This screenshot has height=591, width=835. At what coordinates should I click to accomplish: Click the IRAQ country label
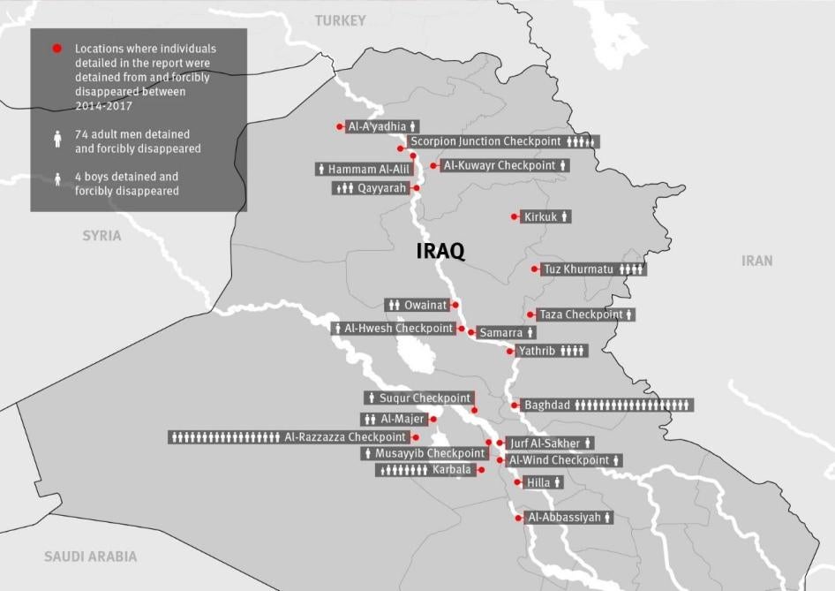440,251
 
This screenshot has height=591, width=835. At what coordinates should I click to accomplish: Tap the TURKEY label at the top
340,20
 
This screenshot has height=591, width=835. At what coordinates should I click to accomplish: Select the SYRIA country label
102,236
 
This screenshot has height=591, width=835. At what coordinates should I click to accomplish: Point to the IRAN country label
756,261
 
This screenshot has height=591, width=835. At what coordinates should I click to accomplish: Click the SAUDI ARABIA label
91,557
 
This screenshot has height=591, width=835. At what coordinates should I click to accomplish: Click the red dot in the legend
57,49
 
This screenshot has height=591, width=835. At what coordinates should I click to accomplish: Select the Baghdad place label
547,405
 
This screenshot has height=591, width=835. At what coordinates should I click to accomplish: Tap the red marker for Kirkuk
515,216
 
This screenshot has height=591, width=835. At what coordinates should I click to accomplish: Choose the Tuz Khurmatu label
580,269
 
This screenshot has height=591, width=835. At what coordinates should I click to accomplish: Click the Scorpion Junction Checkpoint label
485,141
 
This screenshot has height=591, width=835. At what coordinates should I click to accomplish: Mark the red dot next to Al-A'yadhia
341,126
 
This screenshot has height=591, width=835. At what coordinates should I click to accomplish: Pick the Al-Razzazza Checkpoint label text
345,437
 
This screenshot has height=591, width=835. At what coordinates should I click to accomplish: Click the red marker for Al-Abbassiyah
519,518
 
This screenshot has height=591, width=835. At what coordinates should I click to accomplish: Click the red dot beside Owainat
456,305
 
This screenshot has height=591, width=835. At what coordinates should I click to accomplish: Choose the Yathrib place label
537,351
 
